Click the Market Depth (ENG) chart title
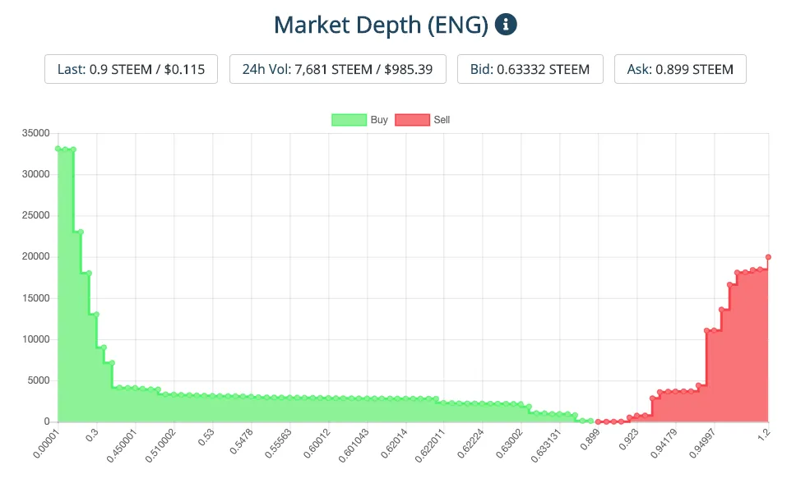381,25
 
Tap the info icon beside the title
506,25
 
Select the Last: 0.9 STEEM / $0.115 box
131,69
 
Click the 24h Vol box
337,69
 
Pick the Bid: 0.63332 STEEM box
530,69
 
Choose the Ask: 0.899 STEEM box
680,69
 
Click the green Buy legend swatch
349,120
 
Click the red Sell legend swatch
412,120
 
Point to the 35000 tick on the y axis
37,133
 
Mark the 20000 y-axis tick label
37,257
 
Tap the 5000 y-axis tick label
39,380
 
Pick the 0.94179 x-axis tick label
663,440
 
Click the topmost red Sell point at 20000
768,257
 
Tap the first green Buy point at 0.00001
58,149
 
